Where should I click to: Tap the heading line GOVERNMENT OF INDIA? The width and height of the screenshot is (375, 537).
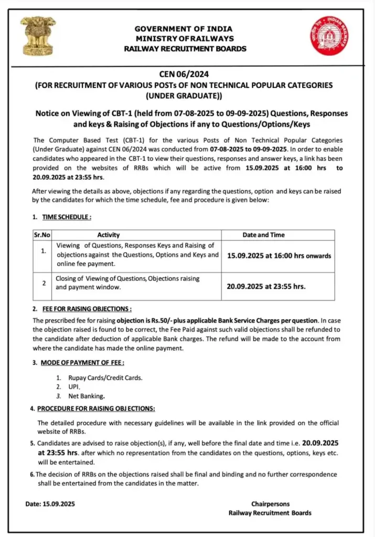click(x=184, y=29)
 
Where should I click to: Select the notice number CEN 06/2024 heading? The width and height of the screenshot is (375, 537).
click(x=184, y=74)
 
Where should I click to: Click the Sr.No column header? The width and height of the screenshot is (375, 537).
click(x=41, y=235)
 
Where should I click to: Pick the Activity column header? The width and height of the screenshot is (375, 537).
click(x=109, y=235)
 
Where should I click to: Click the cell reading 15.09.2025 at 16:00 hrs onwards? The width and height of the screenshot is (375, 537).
click(x=279, y=256)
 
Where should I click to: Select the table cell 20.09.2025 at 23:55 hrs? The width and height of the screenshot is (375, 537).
click(x=266, y=286)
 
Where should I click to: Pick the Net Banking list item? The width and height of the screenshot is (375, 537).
click(x=87, y=396)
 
